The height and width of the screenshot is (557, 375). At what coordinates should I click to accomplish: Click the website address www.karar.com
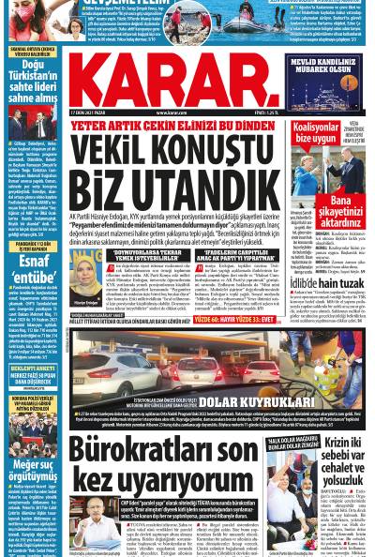(171, 113)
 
